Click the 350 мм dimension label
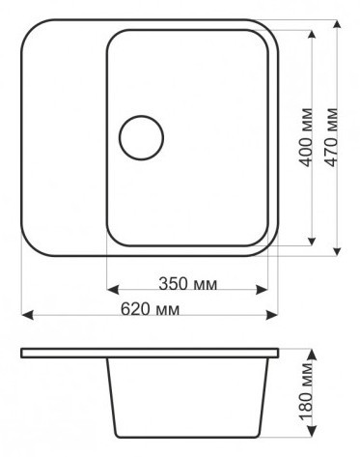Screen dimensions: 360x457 (x=188, y=284)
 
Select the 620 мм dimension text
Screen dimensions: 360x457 (x=150, y=309)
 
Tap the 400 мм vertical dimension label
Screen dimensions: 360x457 (x=306, y=137)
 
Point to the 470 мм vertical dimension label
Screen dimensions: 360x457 (x=331, y=137)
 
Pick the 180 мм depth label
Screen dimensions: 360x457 (x=306, y=392)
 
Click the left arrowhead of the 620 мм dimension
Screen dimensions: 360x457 (x=27, y=315)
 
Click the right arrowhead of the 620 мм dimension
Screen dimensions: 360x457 (x=272, y=315)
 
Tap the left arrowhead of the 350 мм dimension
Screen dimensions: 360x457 (x=113, y=289)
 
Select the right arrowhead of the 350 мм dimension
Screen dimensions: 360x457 (x=262, y=289)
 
